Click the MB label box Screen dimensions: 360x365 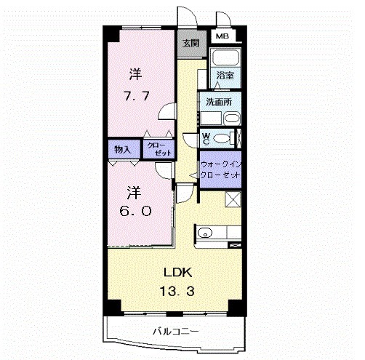pyautogui.click(x=220, y=35)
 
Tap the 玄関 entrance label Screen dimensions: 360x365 pyautogui.click(x=190, y=42)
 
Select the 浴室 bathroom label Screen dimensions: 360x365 pyautogui.click(x=224, y=74)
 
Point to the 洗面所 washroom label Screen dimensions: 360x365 pyautogui.click(x=218, y=102)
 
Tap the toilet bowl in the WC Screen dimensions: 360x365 pyautogui.click(x=224, y=137)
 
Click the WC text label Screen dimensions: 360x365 pyautogui.click(x=206, y=137)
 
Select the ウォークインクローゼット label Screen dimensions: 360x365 pyautogui.click(x=220, y=170)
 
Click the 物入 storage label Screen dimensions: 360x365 pyautogui.click(x=122, y=149)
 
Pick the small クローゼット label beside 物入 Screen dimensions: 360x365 pyautogui.click(x=159, y=149)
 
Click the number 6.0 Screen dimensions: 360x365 pyautogui.click(x=136, y=212)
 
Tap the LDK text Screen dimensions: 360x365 pyautogui.click(x=177, y=273)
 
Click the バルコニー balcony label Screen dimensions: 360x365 pyautogui.click(x=175, y=331)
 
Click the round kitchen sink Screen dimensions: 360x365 pyautogui.click(x=204, y=233)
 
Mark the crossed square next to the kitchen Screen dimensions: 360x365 pyautogui.click(x=233, y=200)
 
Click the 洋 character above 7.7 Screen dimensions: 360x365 pyautogui.click(x=135, y=74)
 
